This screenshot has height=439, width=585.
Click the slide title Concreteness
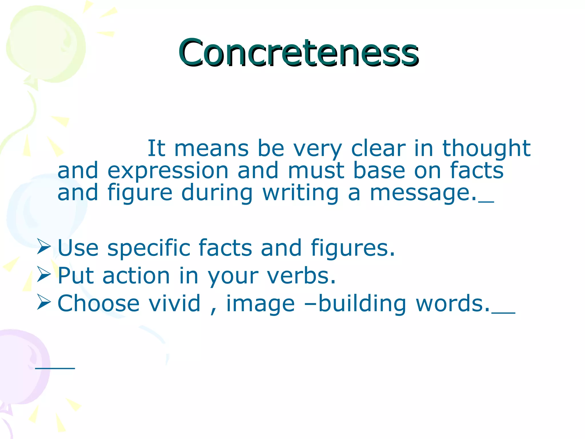(x=298, y=53)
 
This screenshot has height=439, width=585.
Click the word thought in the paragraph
(x=486, y=149)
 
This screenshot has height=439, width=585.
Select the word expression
(x=168, y=171)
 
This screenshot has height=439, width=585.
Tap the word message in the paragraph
(x=423, y=193)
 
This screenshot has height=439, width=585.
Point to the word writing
(x=300, y=193)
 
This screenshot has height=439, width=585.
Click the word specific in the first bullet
(x=149, y=248)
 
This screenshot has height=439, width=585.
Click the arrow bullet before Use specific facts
(x=44, y=247)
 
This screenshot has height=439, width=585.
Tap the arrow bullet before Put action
(x=44, y=275)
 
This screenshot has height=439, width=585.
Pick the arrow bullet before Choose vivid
(x=44, y=302)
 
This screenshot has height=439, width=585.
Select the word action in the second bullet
(x=136, y=276)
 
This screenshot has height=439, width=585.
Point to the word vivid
(x=175, y=304)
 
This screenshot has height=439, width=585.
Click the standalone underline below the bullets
(x=55, y=368)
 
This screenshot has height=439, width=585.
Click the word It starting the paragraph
(x=156, y=149)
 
